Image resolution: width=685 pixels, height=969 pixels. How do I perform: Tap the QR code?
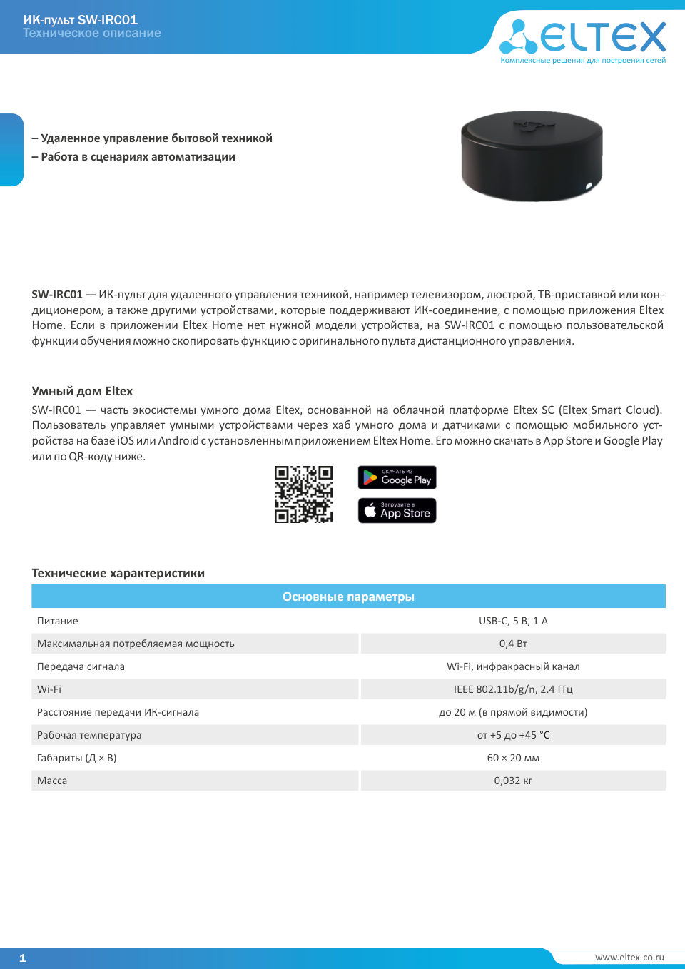click(303, 494)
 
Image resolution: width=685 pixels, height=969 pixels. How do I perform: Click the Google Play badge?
click(397, 477)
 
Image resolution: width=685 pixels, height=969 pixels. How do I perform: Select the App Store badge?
click(397, 510)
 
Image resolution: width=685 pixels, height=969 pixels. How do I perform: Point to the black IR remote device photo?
click(532, 155)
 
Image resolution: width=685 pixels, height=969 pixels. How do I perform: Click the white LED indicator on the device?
click(589, 186)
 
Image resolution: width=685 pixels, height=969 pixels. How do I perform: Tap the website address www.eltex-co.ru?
click(629, 957)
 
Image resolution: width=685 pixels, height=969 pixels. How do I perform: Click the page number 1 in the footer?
click(22, 958)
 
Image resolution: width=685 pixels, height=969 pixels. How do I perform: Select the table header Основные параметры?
click(348, 597)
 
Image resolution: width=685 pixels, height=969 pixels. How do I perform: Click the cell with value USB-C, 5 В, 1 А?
click(513, 621)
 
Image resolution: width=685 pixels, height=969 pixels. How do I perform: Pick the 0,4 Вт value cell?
click(513, 644)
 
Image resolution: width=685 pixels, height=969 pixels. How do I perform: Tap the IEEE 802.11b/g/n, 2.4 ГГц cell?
click(513, 689)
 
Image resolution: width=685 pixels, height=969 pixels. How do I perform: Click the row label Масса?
click(52, 781)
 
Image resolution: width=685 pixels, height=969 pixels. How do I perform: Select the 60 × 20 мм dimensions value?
click(513, 758)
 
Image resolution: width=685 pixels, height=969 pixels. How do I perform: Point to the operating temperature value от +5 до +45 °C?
click(513, 735)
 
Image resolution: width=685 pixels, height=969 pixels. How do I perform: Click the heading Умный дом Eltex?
click(82, 391)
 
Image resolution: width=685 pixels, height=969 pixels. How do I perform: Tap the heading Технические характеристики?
click(118, 573)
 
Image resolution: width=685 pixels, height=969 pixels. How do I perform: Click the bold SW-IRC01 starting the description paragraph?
click(57, 295)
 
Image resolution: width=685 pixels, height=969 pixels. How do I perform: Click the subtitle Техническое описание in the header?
click(92, 33)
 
